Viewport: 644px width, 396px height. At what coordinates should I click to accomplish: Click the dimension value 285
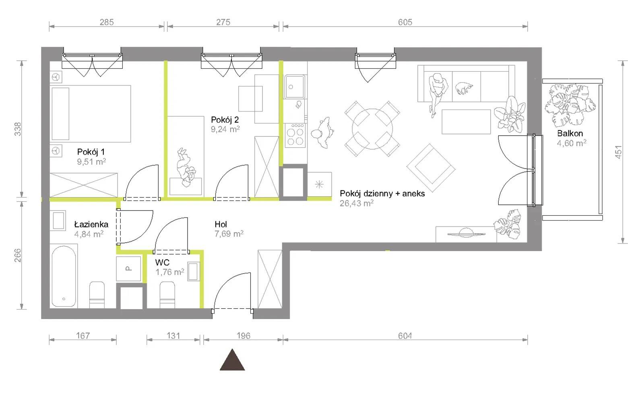pyautogui.click(x=107, y=22)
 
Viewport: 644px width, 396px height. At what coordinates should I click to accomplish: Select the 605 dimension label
pyautogui.click(x=405, y=22)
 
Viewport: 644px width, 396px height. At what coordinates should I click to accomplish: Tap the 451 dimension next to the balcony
pyautogui.click(x=618, y=152)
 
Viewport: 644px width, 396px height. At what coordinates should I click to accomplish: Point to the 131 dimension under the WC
pyautogui.click(x=173, y=336)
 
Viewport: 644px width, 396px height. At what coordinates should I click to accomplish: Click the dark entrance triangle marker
pyautogui.click(x=232, y=360)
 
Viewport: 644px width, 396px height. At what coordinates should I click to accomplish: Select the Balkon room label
pyautogui.click(x=570, y=133)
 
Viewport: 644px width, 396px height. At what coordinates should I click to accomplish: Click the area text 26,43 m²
pyautogui.click(x=357, y=203)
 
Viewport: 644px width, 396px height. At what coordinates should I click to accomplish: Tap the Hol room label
pyautogui.click(x=221, y=224)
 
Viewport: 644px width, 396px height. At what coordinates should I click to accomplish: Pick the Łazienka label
pyautogui.click(x=91, y=224)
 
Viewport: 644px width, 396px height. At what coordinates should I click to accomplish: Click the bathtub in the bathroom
pyautogui.click(x=64, y=276)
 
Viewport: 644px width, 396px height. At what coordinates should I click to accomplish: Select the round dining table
pyautogui.click(x=372, y=129)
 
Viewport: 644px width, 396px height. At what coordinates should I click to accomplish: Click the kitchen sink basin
pyautogui.click(x=294, y=87)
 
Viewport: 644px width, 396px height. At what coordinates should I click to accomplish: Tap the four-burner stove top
pyautogui.click(x=295, y=135)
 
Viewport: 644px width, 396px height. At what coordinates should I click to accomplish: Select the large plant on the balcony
pyautogui.click(x=570, y=105)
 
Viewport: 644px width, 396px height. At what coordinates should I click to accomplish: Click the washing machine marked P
pyautogui.click(x=128, y=269)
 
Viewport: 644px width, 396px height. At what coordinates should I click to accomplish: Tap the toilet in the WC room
pyautogui.click(x=167, y=295)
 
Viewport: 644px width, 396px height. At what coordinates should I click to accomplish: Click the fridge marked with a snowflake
pyautogui.click(x=320, y=184)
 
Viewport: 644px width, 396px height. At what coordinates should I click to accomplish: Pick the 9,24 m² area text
pyautogui.click(x=225, y=129)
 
